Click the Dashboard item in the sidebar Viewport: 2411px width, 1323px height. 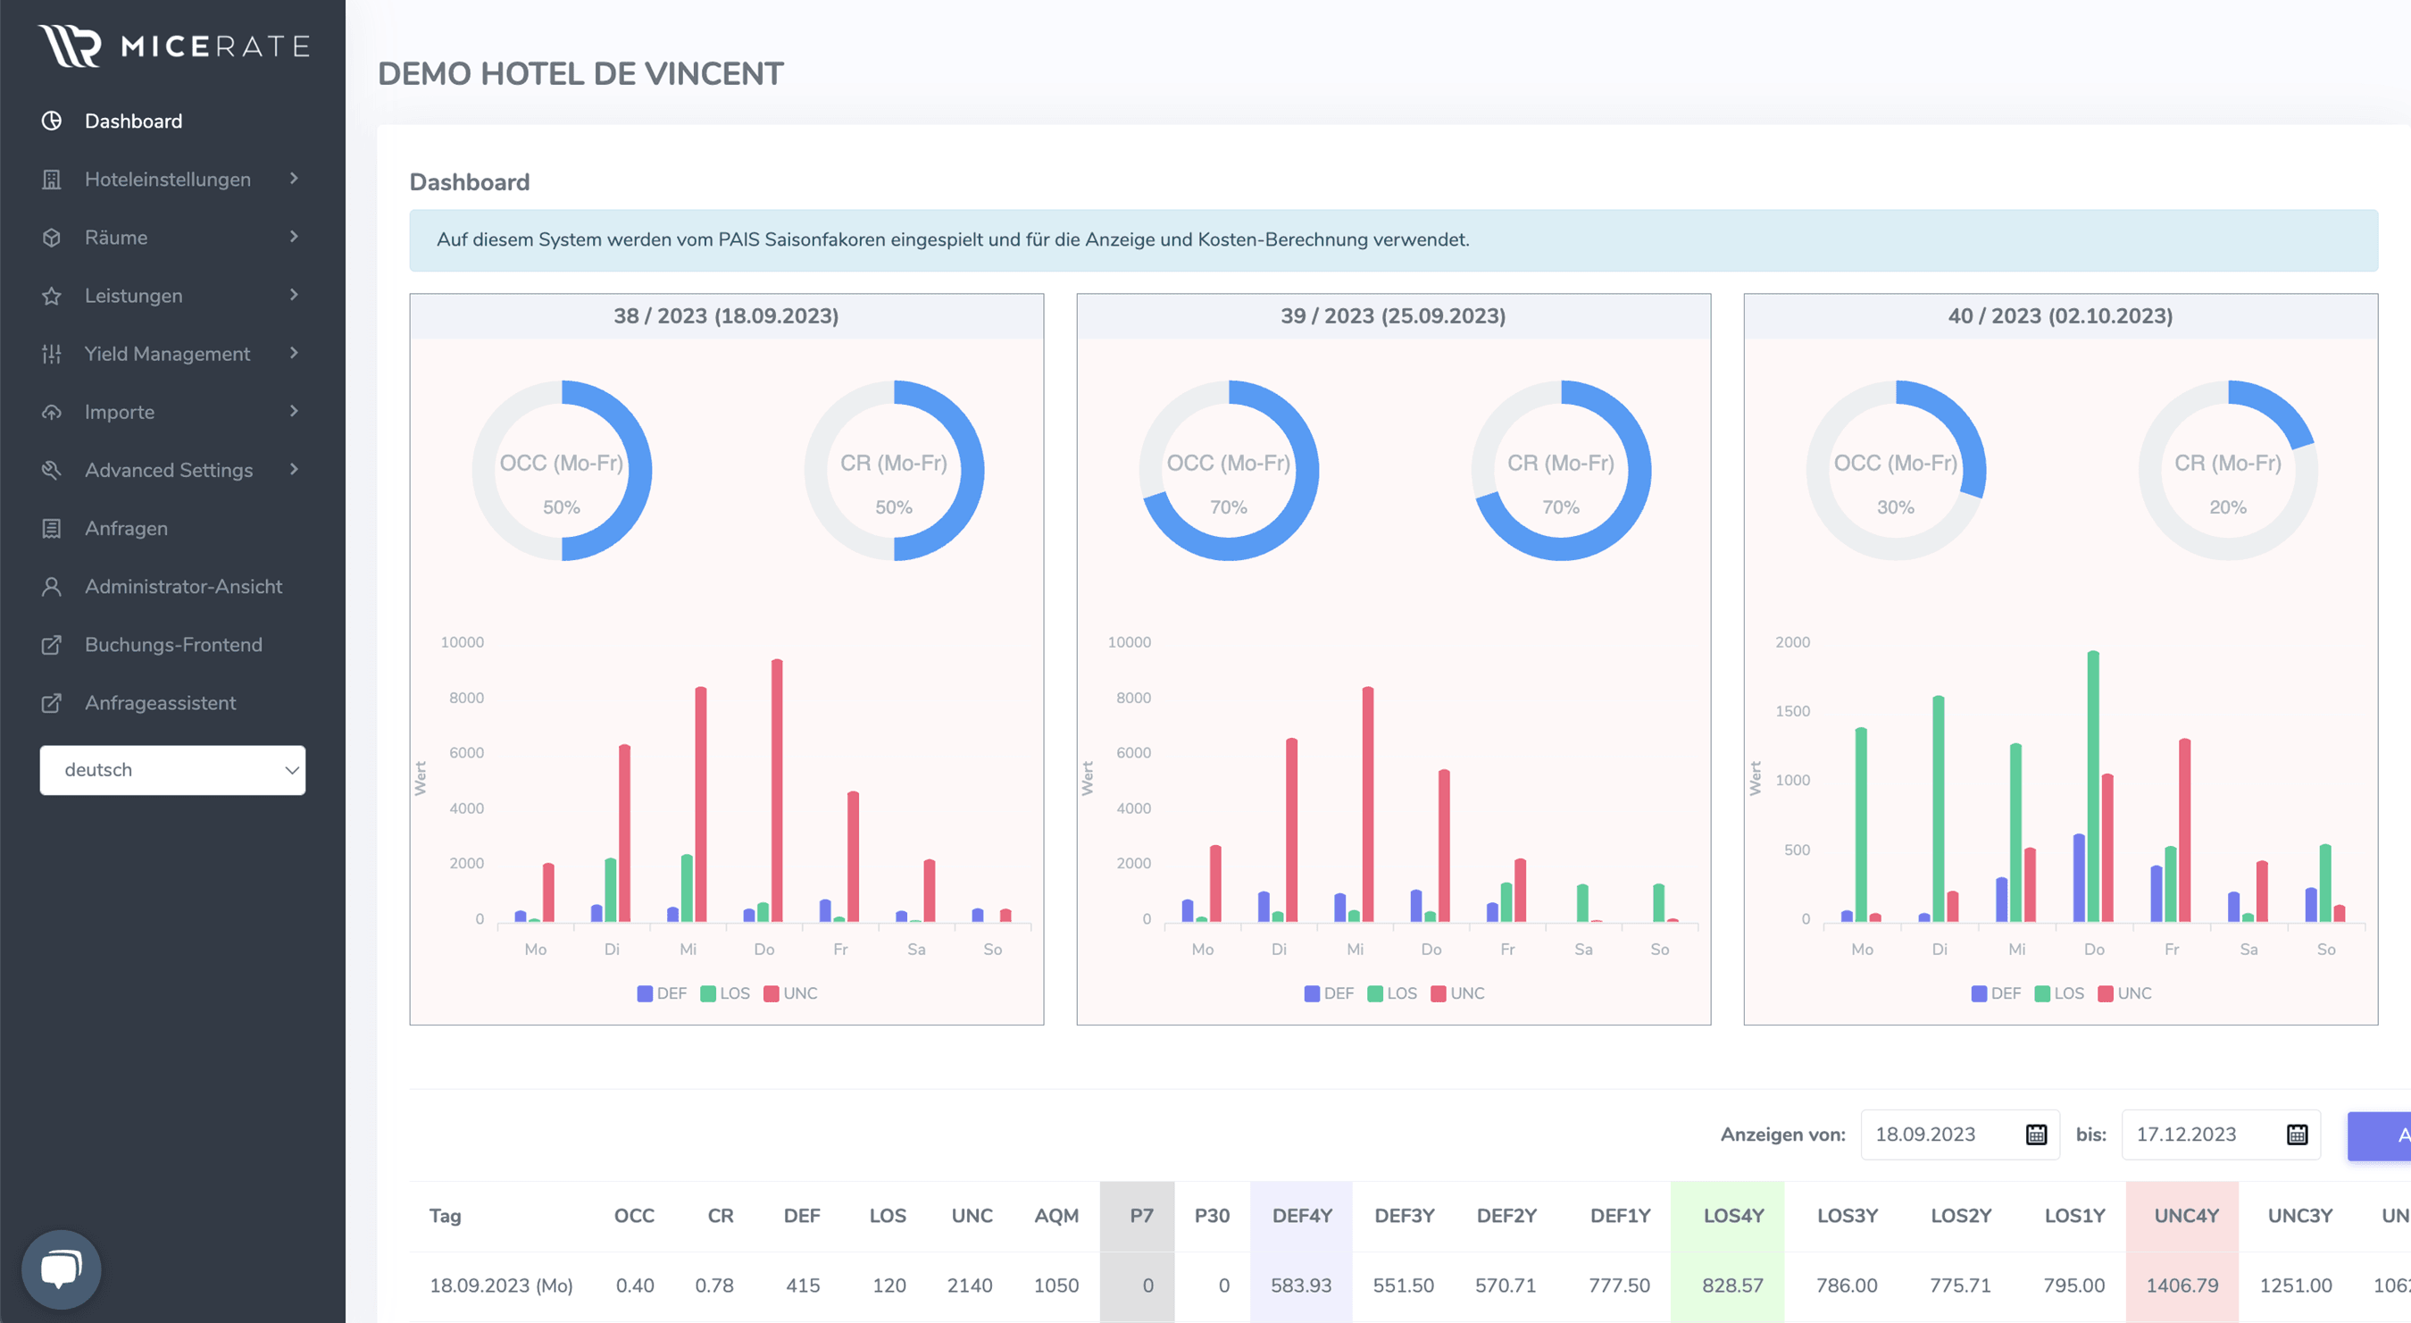(133, 121)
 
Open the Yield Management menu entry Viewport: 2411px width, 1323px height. (167, 353)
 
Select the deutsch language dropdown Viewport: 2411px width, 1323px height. (172, 770)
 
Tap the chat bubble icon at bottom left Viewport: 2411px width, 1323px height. (61, 1269)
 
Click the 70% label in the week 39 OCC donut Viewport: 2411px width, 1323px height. (1228, 507)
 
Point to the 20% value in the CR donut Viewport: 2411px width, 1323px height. (2228, 507)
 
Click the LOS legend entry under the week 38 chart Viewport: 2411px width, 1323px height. (725, 993)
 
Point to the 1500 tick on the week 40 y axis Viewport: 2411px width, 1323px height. (1792, 711)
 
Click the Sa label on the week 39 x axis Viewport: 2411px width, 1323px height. (1582, 950)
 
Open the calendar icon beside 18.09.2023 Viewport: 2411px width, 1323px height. (2036, 1135)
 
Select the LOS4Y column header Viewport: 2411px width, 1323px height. (1732, 1215)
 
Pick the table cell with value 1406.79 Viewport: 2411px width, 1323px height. (2182, 1285)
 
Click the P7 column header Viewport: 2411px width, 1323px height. (1141, 1215)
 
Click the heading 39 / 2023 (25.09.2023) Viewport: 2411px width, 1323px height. (1393, 316)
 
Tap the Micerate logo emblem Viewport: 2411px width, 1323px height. (70, 46)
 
